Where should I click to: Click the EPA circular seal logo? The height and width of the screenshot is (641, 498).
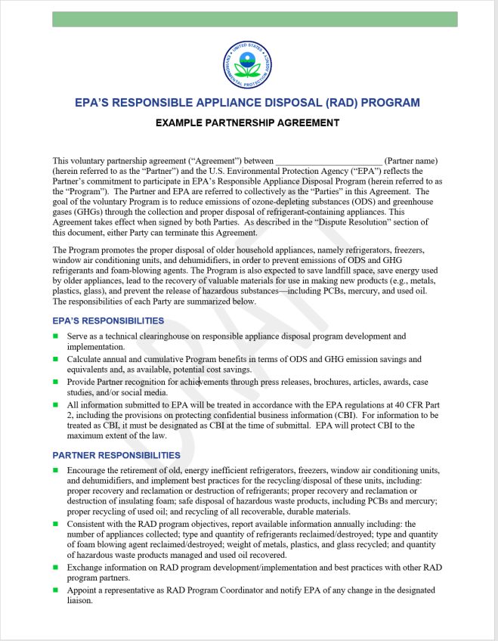coord(249,64)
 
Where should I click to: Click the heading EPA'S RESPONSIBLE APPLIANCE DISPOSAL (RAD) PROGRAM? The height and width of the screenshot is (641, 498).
coord(248,103)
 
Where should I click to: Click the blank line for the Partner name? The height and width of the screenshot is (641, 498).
coord(329,161)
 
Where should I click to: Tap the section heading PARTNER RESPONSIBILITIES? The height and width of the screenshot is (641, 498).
coord(116,455)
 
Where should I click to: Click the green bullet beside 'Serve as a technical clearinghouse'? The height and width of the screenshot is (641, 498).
coord(56,336)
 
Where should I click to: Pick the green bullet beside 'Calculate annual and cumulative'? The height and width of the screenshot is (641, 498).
coord(56,359)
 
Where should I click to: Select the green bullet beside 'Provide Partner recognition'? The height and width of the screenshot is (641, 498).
coord(56,382)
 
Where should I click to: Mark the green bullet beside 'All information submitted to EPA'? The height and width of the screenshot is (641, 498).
coord(56,404)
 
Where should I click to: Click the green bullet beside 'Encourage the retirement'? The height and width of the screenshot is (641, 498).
coord(56,470)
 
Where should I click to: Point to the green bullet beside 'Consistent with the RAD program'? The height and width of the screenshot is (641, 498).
coord(56,523)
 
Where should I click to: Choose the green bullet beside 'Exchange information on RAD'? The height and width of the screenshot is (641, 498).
coord(56,566)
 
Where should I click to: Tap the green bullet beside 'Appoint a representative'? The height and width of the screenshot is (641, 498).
coord(56,590)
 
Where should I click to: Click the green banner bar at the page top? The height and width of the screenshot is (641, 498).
coord(255,19)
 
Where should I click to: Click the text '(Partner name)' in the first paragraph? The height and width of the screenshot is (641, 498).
coord(411,161)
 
